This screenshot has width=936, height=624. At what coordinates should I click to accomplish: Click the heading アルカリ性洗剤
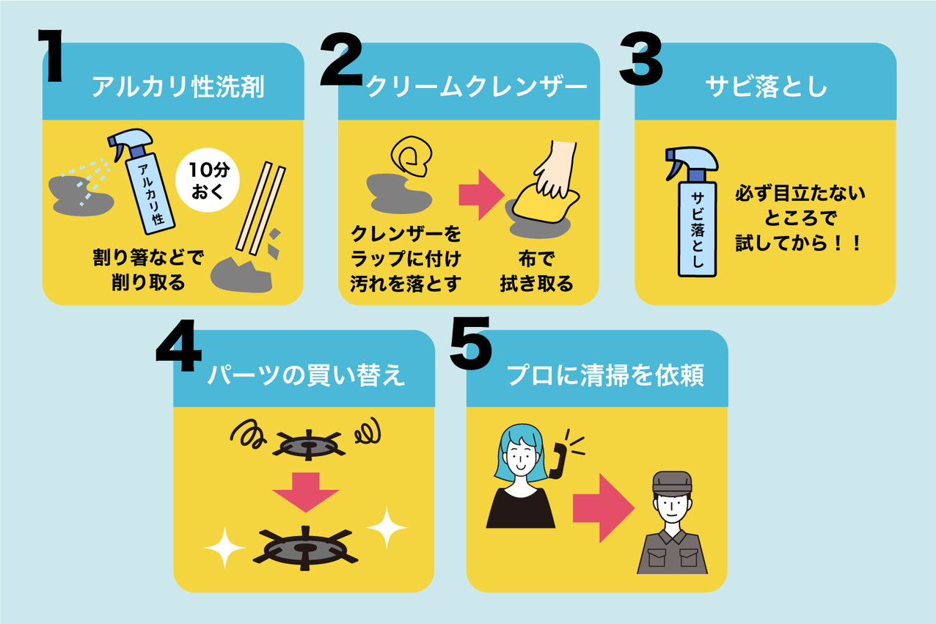[x=178, y=87]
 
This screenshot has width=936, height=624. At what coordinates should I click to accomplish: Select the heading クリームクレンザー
[x=476, y=87]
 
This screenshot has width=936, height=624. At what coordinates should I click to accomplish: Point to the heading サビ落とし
[x=766, y=87]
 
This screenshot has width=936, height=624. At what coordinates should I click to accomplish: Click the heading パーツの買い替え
[x=307, y=375]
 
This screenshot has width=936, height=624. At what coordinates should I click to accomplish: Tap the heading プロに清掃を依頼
[x=605, y=375]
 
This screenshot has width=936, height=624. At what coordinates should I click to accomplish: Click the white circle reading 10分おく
[x=208, y=180]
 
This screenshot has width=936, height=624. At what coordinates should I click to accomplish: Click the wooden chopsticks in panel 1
[x=260, y=209]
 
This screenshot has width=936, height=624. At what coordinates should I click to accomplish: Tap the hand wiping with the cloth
[x=556, y=169]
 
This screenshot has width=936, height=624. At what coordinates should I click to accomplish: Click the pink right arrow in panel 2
[x=481, y=194]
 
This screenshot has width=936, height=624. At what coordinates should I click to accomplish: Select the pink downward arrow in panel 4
[x=306, y=492]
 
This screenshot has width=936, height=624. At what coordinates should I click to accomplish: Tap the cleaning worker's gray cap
[x=672, y=482]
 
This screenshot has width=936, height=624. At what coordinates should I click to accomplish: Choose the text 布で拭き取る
[x=536, y=271]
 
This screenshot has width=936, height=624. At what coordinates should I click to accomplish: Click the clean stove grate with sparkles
[x=305, y=548]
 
